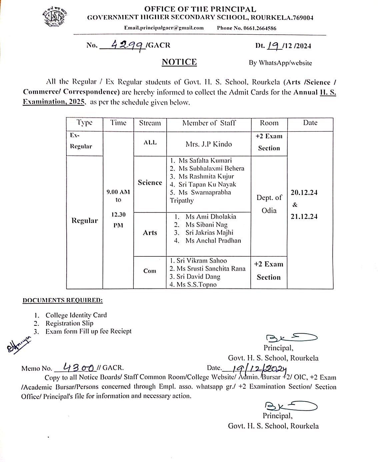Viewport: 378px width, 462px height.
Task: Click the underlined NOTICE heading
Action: pos(179,62)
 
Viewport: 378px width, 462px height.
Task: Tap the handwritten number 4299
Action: pos(128,45)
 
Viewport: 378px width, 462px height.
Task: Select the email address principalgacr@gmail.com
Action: pos(164,28)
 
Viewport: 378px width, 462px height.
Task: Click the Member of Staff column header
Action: pos(209,123)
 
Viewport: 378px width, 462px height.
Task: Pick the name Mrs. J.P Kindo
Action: pos(209,144)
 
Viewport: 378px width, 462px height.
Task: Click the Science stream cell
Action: pos(150,183)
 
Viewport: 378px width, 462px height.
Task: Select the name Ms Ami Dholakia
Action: pos(211,217)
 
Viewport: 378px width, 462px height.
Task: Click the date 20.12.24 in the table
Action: pos(304,193)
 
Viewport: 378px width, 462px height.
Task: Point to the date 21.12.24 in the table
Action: pos(304,217)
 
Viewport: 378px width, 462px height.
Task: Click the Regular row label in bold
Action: pos(85,221)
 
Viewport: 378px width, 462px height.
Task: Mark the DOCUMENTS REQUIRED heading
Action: pos(63,300)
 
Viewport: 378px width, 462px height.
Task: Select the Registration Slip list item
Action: pos(69,323)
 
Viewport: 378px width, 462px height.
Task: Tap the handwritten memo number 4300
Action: pos(78,367)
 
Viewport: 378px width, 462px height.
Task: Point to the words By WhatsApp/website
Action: pos(280,63)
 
